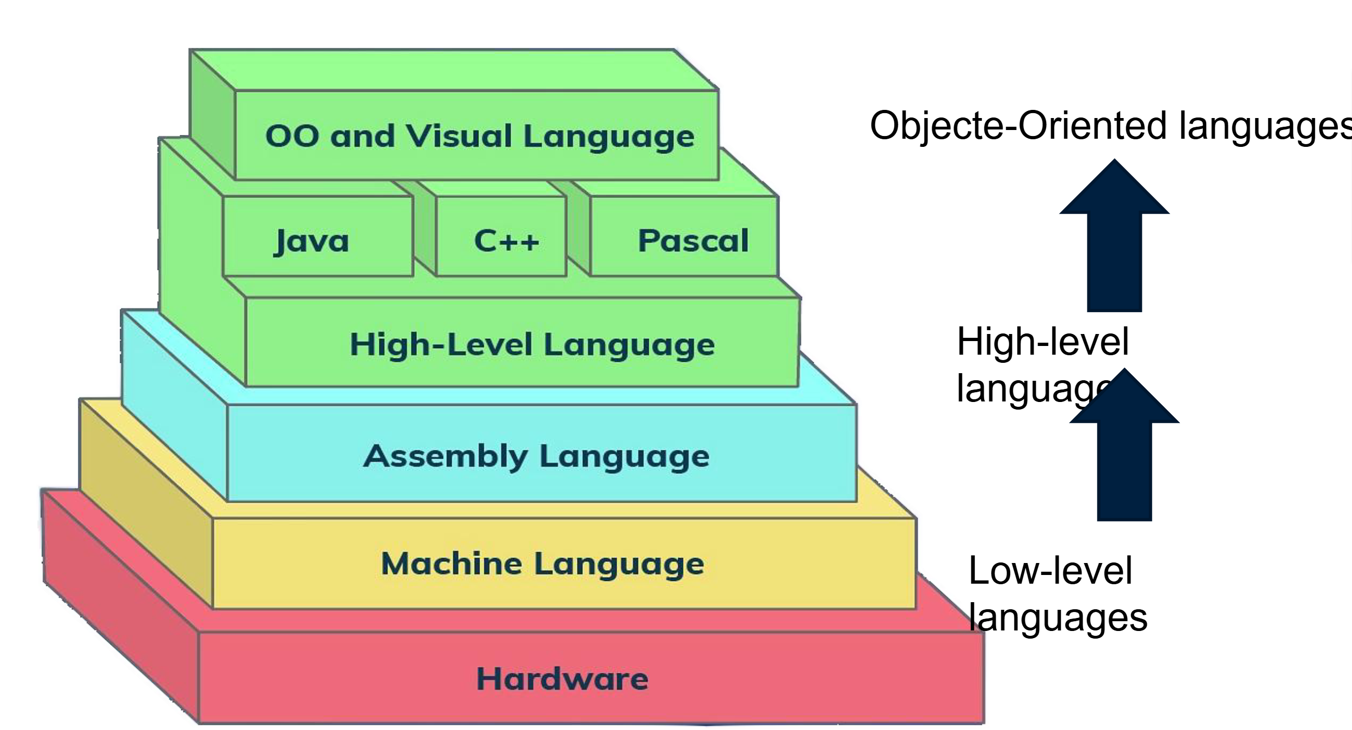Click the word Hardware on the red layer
point(562,679)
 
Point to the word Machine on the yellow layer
point(452,564)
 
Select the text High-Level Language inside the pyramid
point(532,345)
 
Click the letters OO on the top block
point(292,135)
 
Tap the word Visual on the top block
point(459,135)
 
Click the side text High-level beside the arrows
point(1042,342)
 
